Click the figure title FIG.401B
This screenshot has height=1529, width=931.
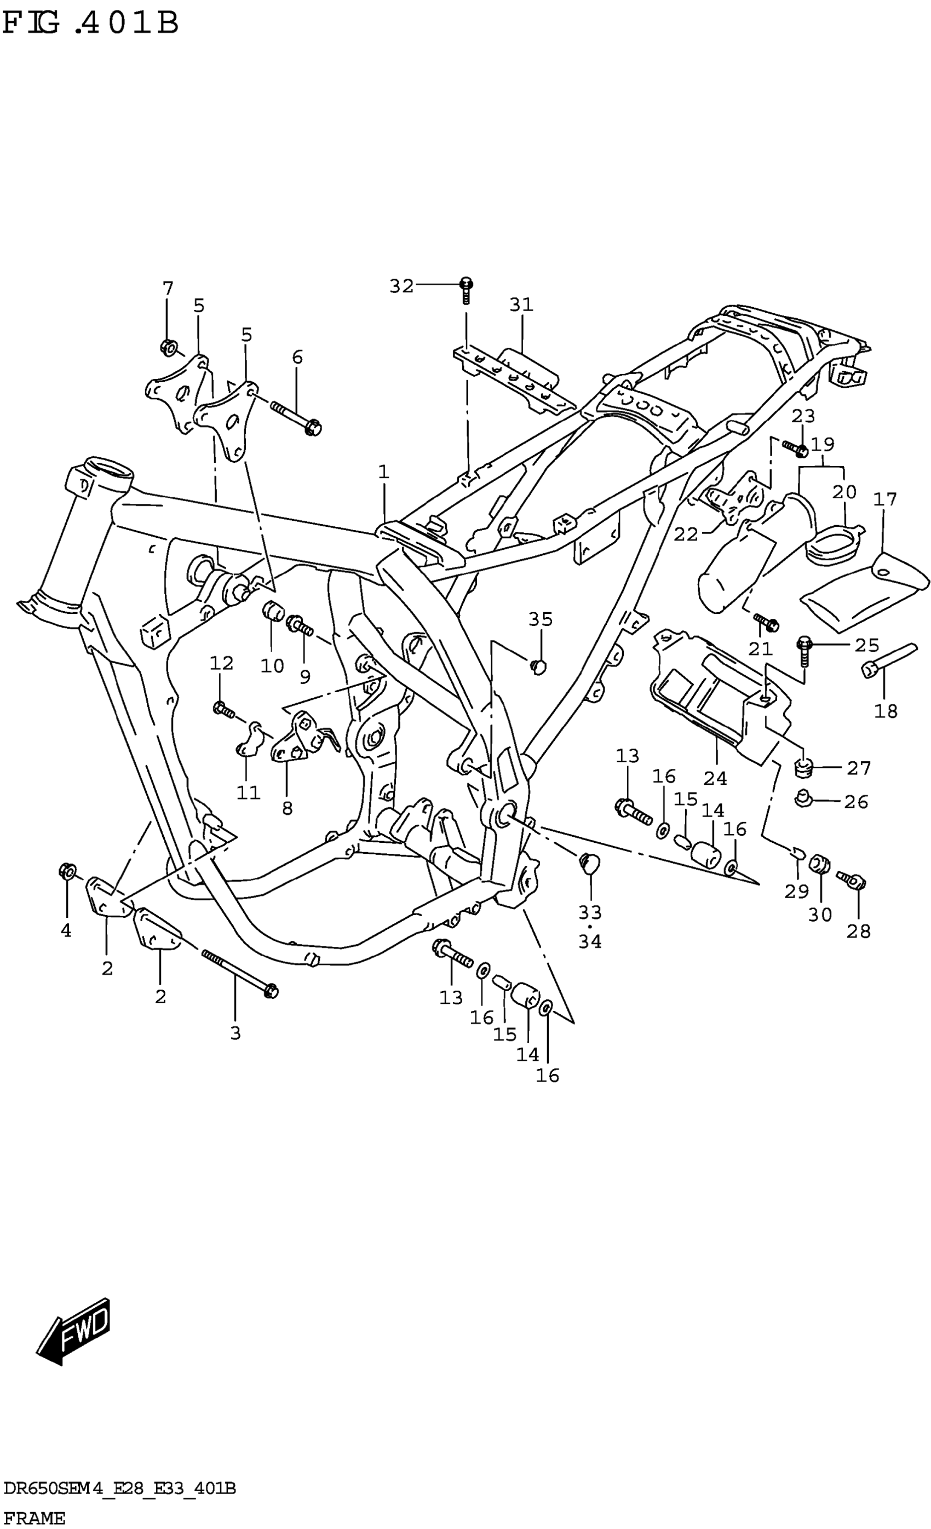[x=90, y=24]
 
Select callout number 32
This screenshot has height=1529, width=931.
[x=401, y=286]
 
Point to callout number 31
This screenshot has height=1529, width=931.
[x=521, y=304]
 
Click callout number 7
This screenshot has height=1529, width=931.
[x=168, y=289]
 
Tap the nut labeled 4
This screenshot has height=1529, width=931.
[x=66, y=871]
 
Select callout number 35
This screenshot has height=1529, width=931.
[x=540, y=619]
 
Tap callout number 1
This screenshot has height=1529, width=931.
[x=383, y=472]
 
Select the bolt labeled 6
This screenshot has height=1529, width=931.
[x=296, y=416]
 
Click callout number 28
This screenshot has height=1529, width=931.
[x=858, y=931]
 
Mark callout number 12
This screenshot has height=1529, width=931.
[x=221, y=663]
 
